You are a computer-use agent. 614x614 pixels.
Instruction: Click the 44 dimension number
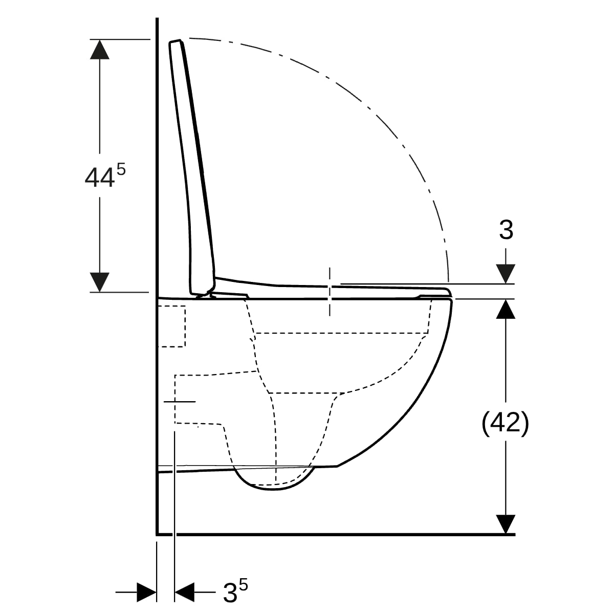coord(99,178)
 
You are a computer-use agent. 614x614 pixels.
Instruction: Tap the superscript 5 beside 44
coord(121,169)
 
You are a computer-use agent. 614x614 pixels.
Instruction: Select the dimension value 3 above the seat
coord(507,230)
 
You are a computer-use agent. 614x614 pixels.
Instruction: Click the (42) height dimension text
coord(505,424)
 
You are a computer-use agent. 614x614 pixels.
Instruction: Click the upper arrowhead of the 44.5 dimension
coord(100,50)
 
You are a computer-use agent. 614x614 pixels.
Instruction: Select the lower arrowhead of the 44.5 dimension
coord(100,282)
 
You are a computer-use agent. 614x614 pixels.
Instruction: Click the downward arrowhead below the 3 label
coord(506,274)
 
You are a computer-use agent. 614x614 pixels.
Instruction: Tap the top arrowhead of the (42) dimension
coord(506,309)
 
